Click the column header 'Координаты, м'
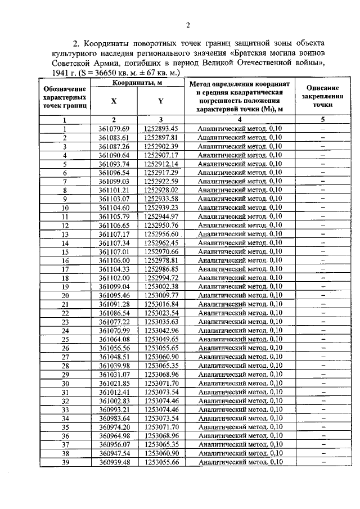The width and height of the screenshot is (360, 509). click(x=137, y=83)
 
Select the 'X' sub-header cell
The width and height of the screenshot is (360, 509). click(x=114, y=101)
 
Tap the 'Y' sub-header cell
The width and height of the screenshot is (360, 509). click(x=160, y=101)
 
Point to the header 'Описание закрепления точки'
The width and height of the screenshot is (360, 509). click(x=323, y=96)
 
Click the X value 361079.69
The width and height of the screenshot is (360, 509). click(x=114, y=129)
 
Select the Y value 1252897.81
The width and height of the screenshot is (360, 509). click(x=160, y=137)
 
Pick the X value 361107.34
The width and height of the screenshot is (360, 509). click(x=114, y=243)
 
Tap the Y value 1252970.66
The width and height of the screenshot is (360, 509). click(x=160, y=251)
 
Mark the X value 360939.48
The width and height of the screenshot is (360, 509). click(x=114, y=462)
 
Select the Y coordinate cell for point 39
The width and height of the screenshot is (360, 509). click(x=160, y=462)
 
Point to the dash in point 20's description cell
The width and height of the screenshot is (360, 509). click(x=323, y=295)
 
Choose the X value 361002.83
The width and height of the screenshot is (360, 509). click(x=114, y=401)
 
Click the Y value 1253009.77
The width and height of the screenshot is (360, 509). click(x=160, y=295)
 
